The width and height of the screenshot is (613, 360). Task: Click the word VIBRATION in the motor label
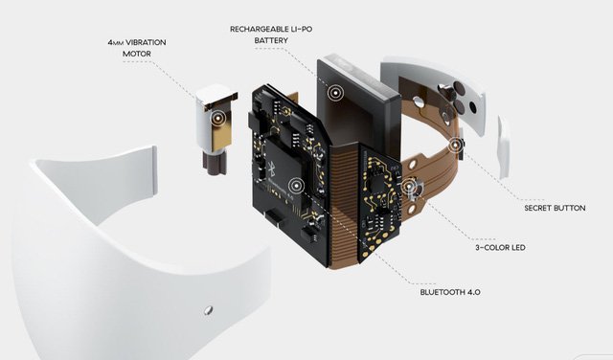[x=146, y=42]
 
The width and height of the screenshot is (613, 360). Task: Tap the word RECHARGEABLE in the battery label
[x=255, y=29]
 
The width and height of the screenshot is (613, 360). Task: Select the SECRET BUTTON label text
[x=555, y=208]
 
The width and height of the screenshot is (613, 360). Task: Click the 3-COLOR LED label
[x=500, y=247]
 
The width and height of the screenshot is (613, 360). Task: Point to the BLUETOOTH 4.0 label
[x=450, y=292]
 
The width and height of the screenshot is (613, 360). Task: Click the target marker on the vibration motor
[x=217, y=117]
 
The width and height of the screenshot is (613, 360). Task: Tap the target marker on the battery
[x=335, y=93]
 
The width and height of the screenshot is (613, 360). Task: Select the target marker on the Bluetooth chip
[x=296, y=186]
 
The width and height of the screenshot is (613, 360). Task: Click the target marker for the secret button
[x=455, y=146]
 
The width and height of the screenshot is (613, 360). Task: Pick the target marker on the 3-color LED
[x=409, y=187]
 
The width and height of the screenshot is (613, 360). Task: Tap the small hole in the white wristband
[x=208, y=310]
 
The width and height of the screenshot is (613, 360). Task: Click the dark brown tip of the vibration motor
[x=215, y=163]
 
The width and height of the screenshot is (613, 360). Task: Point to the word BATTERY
[x=271, y=40]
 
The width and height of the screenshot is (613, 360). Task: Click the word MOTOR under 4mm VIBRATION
[x=136, y=54]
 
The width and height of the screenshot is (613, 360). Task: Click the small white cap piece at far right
[x=504, y=147]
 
